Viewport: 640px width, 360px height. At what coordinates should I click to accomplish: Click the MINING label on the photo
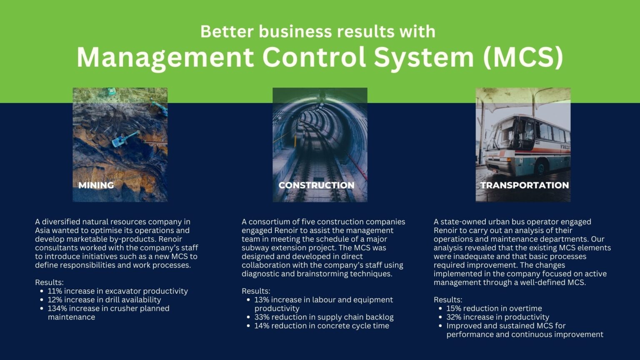(96, 185)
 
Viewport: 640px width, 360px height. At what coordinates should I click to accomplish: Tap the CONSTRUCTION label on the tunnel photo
(316, 185)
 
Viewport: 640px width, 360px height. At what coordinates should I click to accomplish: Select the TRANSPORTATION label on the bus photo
(524, 185)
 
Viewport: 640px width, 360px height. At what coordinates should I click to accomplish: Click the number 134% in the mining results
(57, 308)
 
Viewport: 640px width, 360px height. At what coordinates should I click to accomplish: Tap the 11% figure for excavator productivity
(55, 291)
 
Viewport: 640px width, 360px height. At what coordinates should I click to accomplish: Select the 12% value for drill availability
(55, 300)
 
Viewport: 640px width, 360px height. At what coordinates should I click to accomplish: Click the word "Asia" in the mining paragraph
(42, 230)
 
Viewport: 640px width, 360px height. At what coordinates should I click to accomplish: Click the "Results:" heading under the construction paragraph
(256, 291)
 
